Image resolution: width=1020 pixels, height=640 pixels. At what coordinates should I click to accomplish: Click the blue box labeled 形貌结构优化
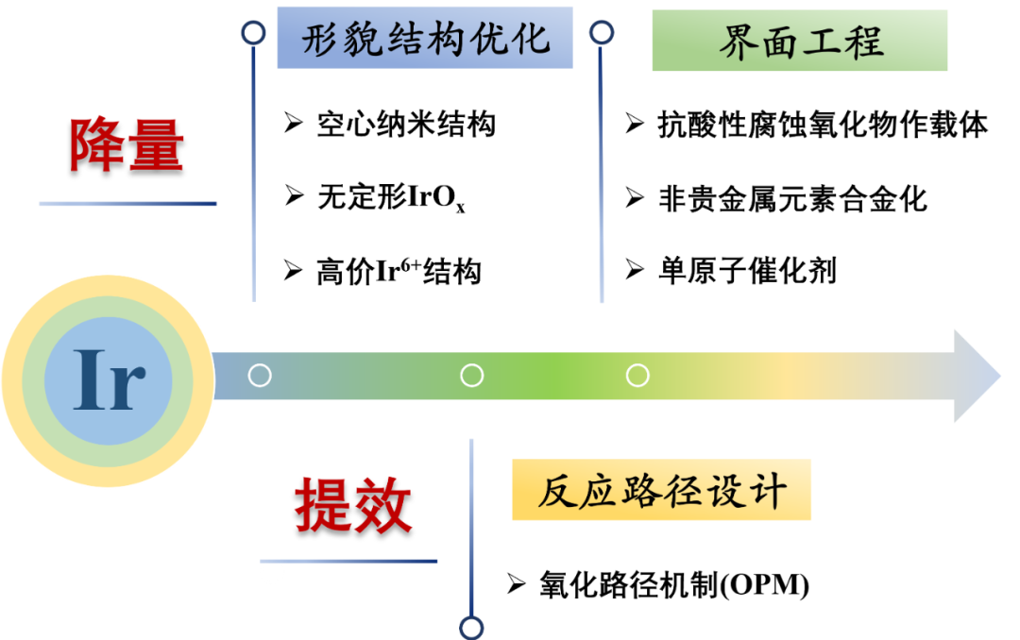point(424,38)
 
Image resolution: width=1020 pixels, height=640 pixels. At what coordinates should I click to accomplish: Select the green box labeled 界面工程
point(800,42)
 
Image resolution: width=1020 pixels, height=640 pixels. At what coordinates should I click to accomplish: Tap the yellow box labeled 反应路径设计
point(661,490)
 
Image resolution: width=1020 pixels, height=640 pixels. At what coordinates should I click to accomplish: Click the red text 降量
point(127,144)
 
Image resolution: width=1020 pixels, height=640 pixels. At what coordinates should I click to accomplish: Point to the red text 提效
point(352,506)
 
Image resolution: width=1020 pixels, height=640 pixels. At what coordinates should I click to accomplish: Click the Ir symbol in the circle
point(109,380)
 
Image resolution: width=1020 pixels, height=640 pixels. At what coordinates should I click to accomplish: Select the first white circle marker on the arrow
point(260,376)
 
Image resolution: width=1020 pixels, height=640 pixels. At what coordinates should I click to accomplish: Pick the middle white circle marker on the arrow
point(471,376)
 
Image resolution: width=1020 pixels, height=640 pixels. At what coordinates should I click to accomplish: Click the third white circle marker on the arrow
point(637,376)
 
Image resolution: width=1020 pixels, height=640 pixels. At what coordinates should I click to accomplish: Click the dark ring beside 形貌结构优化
point(253,34)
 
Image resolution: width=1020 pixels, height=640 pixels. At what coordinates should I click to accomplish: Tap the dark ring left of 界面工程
point(602,33)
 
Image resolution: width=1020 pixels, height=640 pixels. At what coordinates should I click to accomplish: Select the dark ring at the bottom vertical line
point(471,627)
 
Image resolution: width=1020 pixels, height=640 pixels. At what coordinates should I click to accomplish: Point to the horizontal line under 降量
point(127,203)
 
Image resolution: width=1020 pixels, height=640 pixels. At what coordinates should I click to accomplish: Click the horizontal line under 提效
point(349,562)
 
